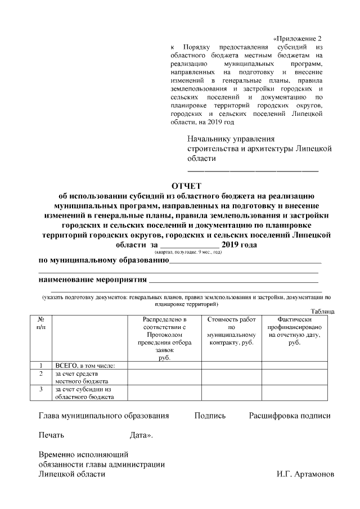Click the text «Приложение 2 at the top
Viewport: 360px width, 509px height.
click(298, 38)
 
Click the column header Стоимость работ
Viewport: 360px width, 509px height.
click(231, 331)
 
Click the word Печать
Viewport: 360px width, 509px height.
click(51, 435)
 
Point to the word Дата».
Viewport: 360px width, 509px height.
click(141, 435)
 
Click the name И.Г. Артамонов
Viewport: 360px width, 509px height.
click(305, 474)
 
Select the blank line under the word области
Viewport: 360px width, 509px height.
click(253, 169)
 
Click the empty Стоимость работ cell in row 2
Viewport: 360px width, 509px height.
click(231, 377)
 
